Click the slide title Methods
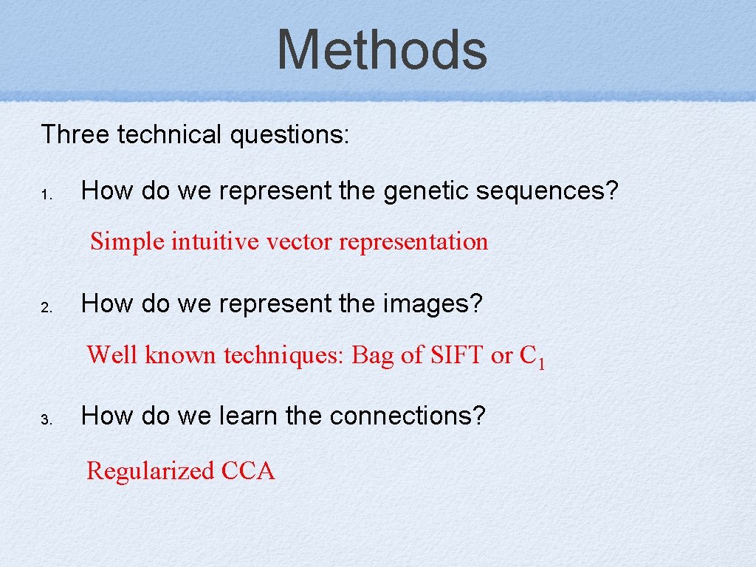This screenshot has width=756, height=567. pyautogui.click(x=382, y=49)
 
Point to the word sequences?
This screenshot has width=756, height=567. pyautogui.click(x=547, y=191)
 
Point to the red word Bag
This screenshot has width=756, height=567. pyautogui.click(x=373, y=356)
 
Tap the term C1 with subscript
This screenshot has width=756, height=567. pyautogui.click(x=532, y=357)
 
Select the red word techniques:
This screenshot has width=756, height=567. pyautogui.click(x=284, y=356)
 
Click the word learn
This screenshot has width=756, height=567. pyautogui.click(x=250, y=416)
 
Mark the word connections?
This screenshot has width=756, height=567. pyautogui.click(x=408, y=416)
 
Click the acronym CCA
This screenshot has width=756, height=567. pyautogui.click(x=247, y=471)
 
